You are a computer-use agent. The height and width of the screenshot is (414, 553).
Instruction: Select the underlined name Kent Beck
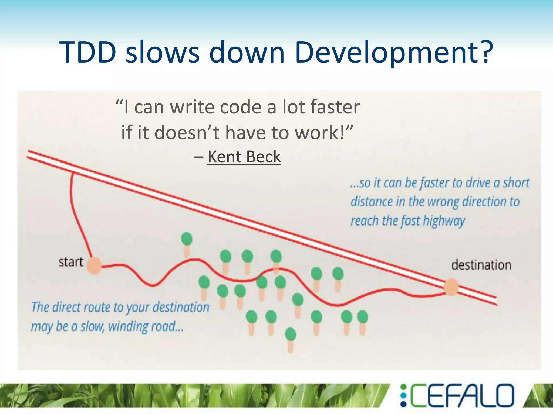pyautogui.click(x=244, y=157)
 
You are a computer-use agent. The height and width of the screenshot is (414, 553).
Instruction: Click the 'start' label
pyautogui.click(x=71, y=262)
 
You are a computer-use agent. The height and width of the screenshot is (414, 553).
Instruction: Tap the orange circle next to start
pyautogui.click(x=94, y=266)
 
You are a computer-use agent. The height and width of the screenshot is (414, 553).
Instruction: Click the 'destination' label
pyautogui.click(x=481, y=265)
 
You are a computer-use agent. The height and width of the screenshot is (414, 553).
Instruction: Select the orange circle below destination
pyautogui.click(x=451, y=287)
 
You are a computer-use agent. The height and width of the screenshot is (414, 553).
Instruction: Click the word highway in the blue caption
pyautogui.click(x=444, y=221)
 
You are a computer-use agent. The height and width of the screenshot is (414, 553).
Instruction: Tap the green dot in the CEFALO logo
pyautogui.click(x=403, y=387)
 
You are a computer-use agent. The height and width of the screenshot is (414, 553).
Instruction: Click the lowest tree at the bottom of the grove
pyautogui.click(x=291, y=338)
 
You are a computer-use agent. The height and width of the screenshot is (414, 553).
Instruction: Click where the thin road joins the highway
pyautogui.click(x=72, y=173)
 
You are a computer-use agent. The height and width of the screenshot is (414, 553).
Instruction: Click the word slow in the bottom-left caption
pyautogui.click(x=92, y=326)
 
